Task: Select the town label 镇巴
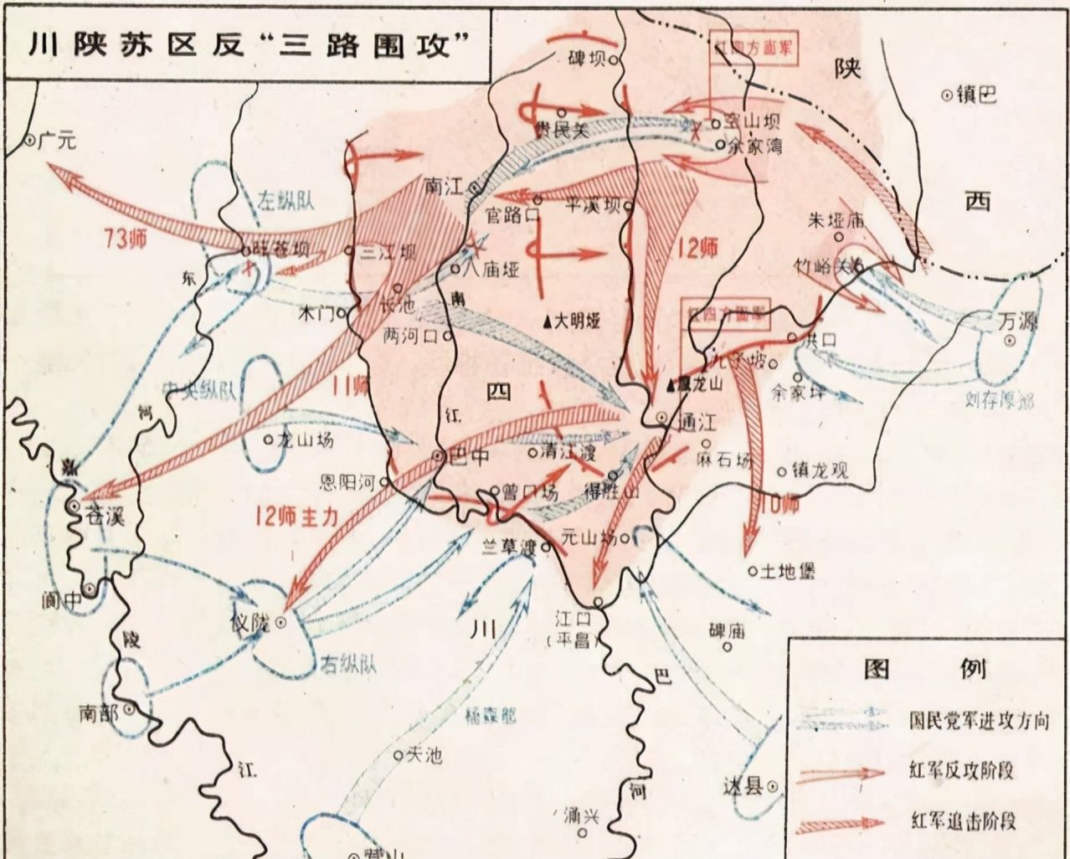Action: tap(976, 95)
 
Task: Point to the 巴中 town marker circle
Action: tap(438, 455)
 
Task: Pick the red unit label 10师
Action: tap(779, 503)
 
